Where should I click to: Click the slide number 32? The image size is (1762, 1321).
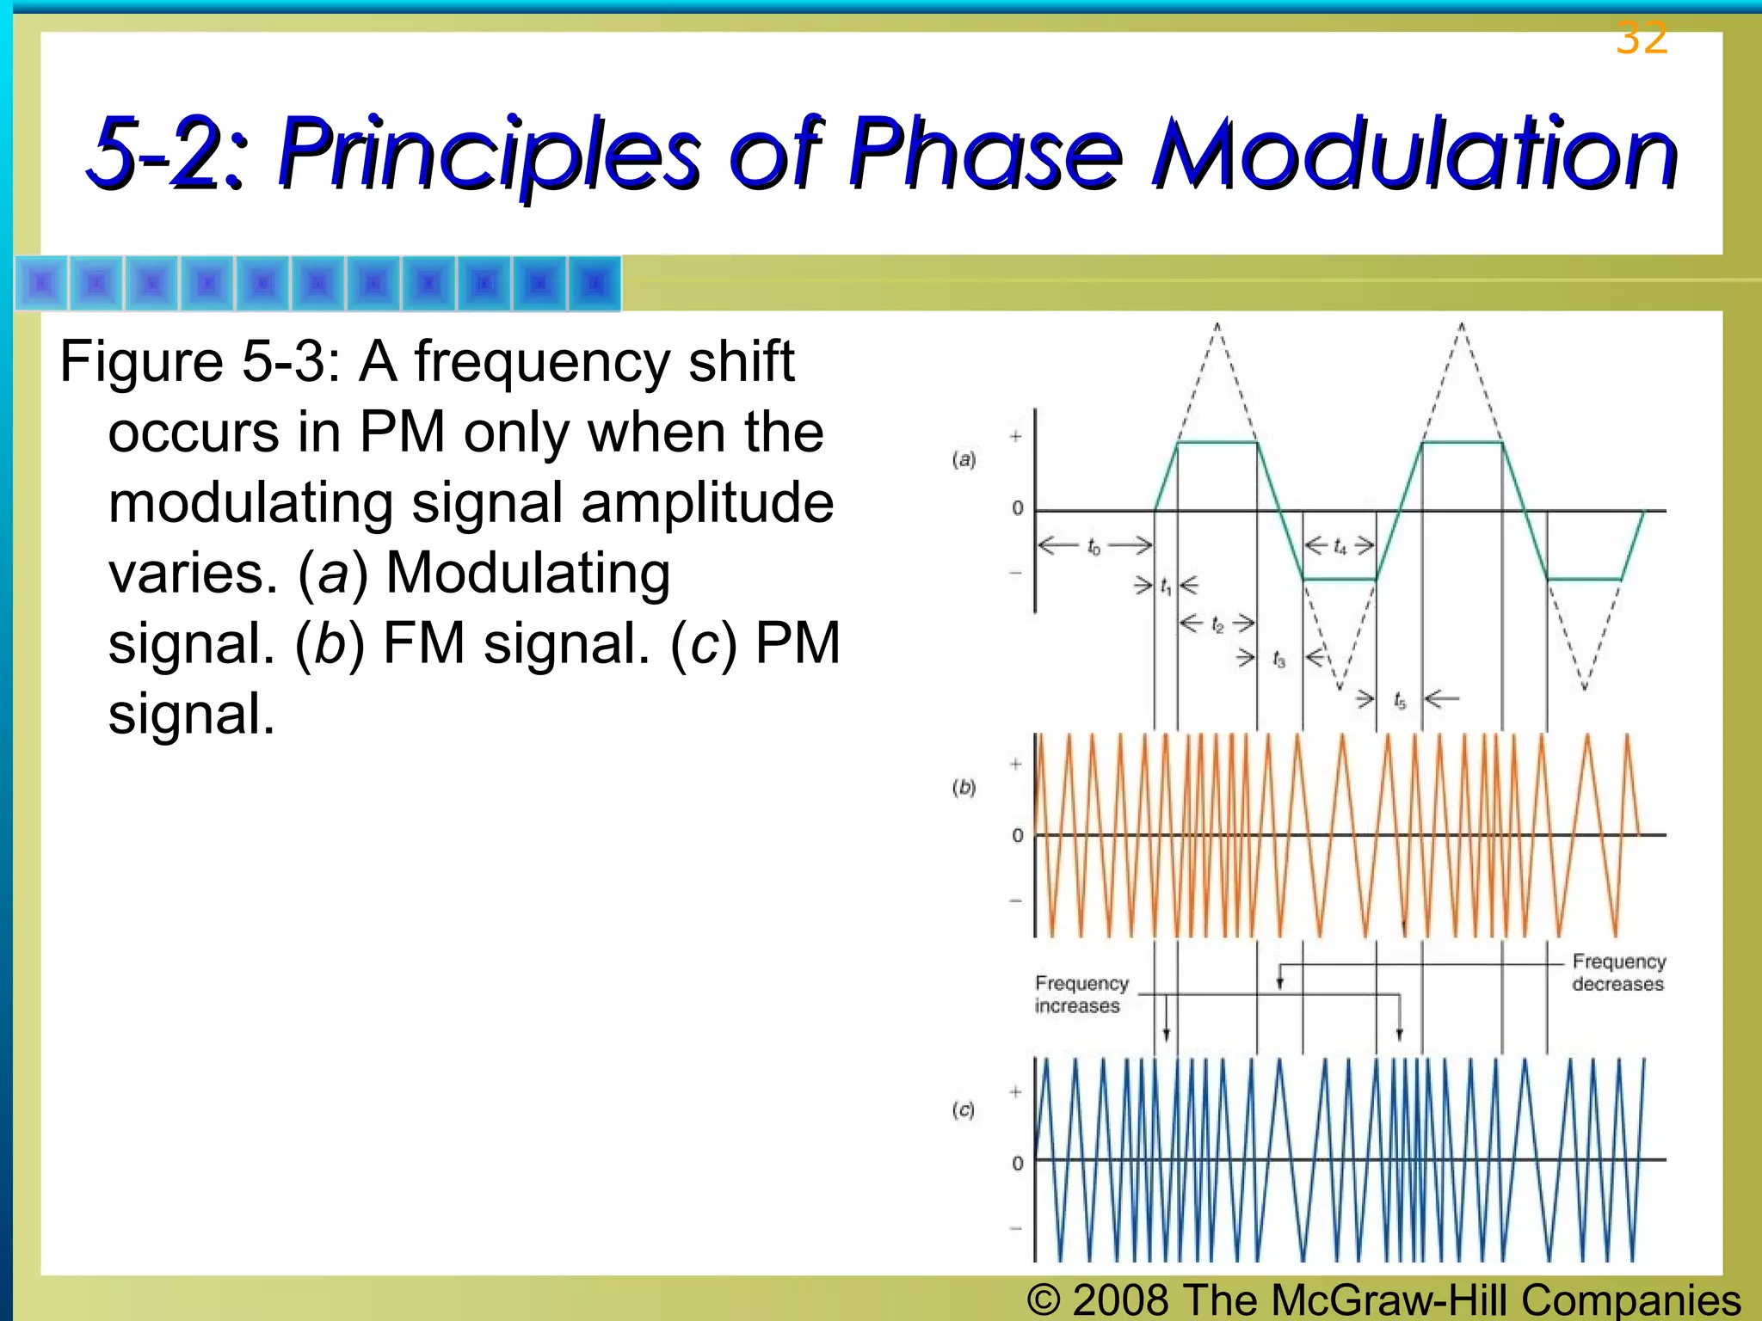(1641, 38)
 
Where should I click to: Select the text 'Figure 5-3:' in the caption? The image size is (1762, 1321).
(200, 361)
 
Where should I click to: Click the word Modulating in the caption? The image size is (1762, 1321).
(527, 573)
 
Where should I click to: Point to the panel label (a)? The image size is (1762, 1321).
(964, 459)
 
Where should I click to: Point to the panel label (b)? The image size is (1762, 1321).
(964, 787)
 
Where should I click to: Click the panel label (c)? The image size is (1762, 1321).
(964, 1110)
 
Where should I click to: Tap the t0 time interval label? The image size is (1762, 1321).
(1094, 547)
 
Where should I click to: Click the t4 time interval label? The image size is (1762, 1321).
(1340, 547)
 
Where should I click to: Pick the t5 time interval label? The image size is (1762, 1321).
(1400, 701)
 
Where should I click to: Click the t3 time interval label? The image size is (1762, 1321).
(1278, 660)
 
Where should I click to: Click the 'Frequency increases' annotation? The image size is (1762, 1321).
(1081, 994)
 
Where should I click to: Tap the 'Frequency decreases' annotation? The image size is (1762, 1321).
(1618, 973)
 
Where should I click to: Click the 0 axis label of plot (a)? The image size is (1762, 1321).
(1018, 508)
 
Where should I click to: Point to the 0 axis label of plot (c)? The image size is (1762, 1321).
(1018, 1164)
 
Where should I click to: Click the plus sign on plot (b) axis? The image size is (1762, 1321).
(1016, 764)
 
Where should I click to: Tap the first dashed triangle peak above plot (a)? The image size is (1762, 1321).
(1217, 327)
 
